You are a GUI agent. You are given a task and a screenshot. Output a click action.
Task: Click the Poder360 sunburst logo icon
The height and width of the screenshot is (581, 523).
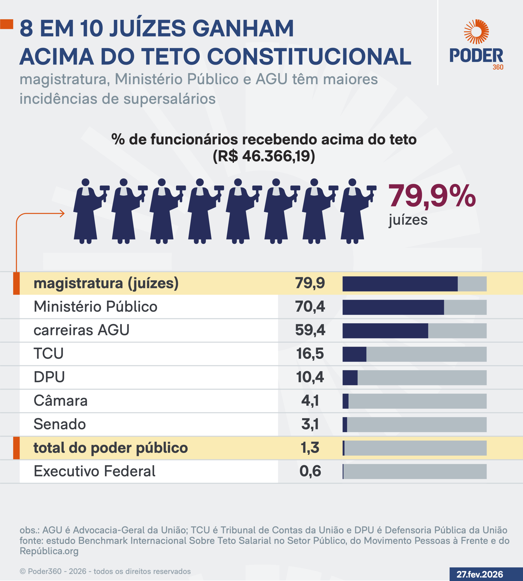click(476, 32)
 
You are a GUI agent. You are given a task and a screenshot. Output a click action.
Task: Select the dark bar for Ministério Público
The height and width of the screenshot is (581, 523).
click(393, 307)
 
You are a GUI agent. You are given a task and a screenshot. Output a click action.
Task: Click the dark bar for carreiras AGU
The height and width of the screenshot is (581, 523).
click(385, 331)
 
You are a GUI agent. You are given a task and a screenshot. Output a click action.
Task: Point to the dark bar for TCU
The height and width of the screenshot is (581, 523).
click(354, 354)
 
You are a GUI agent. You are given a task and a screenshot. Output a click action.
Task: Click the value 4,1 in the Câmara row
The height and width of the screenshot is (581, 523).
click(310, 401)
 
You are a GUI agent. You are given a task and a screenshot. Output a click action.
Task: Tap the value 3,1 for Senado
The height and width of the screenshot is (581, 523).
click(310, 424)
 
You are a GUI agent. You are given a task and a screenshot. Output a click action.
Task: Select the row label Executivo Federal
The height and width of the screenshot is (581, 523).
click(94, 471)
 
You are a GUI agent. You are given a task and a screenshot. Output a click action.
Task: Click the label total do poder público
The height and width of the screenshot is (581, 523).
click(111, 448)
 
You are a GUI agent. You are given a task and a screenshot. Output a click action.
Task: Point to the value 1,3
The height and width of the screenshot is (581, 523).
click(310, 448)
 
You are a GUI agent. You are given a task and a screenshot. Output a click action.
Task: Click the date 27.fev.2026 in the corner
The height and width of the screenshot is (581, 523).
click(480, 574)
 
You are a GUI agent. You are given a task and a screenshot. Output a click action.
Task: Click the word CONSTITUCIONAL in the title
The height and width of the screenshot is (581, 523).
click(309, 57)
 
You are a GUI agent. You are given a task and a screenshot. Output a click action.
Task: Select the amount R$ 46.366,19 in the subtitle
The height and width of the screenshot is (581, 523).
click(264, 156)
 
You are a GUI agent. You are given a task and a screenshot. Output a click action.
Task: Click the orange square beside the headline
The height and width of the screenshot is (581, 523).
click(7, 24)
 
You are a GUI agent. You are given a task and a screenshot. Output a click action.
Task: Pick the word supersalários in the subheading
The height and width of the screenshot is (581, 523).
click(169, 99)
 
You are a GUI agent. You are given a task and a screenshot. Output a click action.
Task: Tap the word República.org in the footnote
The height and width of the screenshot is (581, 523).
click(49, 551)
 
